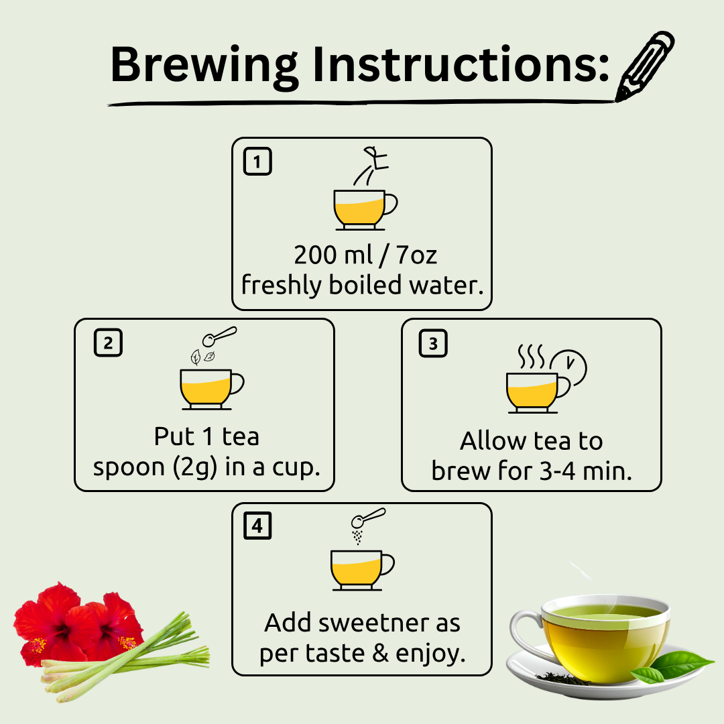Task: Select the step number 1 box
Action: click(257, 161)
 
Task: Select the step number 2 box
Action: click(108, 343)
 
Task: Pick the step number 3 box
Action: click(433, 343)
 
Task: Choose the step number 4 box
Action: click(257, 526)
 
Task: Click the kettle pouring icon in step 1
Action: click(371, 166)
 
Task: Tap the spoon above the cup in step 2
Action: click(219, 336)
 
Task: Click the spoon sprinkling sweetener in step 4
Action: click(368, 518)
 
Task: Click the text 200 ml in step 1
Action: click(333, 255)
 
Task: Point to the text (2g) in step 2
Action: click(194, 467)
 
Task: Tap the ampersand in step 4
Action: click(381, 654)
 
